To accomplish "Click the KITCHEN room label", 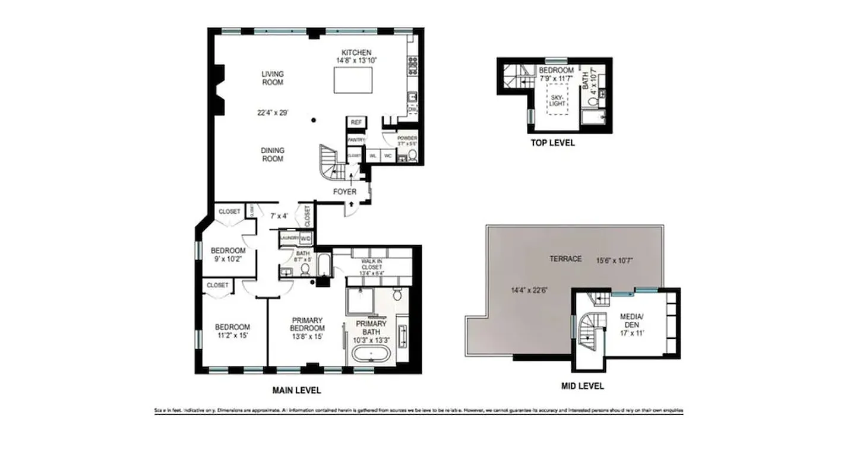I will [x=356, y=52].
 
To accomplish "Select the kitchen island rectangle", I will [x=354, y=79].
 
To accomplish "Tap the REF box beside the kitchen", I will [x=356, y=122].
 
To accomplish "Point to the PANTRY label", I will [x=356, y=140].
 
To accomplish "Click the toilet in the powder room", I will [x=413, y=156].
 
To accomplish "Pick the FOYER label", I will [x=344, y=192].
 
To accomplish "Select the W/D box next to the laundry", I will [x=305, y=238].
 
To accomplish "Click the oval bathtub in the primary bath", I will [x=371, y=357].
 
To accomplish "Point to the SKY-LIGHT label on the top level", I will [x=557, y=100].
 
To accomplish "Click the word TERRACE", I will [x=565, y=259].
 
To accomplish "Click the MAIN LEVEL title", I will [x=296, y=390].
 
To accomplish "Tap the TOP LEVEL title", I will [x=552, y=143].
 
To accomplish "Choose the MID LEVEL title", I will [x=582, y=386].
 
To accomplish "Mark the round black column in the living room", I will [x=314, y=121].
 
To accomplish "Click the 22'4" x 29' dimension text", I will [x=273, y=112].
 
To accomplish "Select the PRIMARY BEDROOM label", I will [x=308, y=324].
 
